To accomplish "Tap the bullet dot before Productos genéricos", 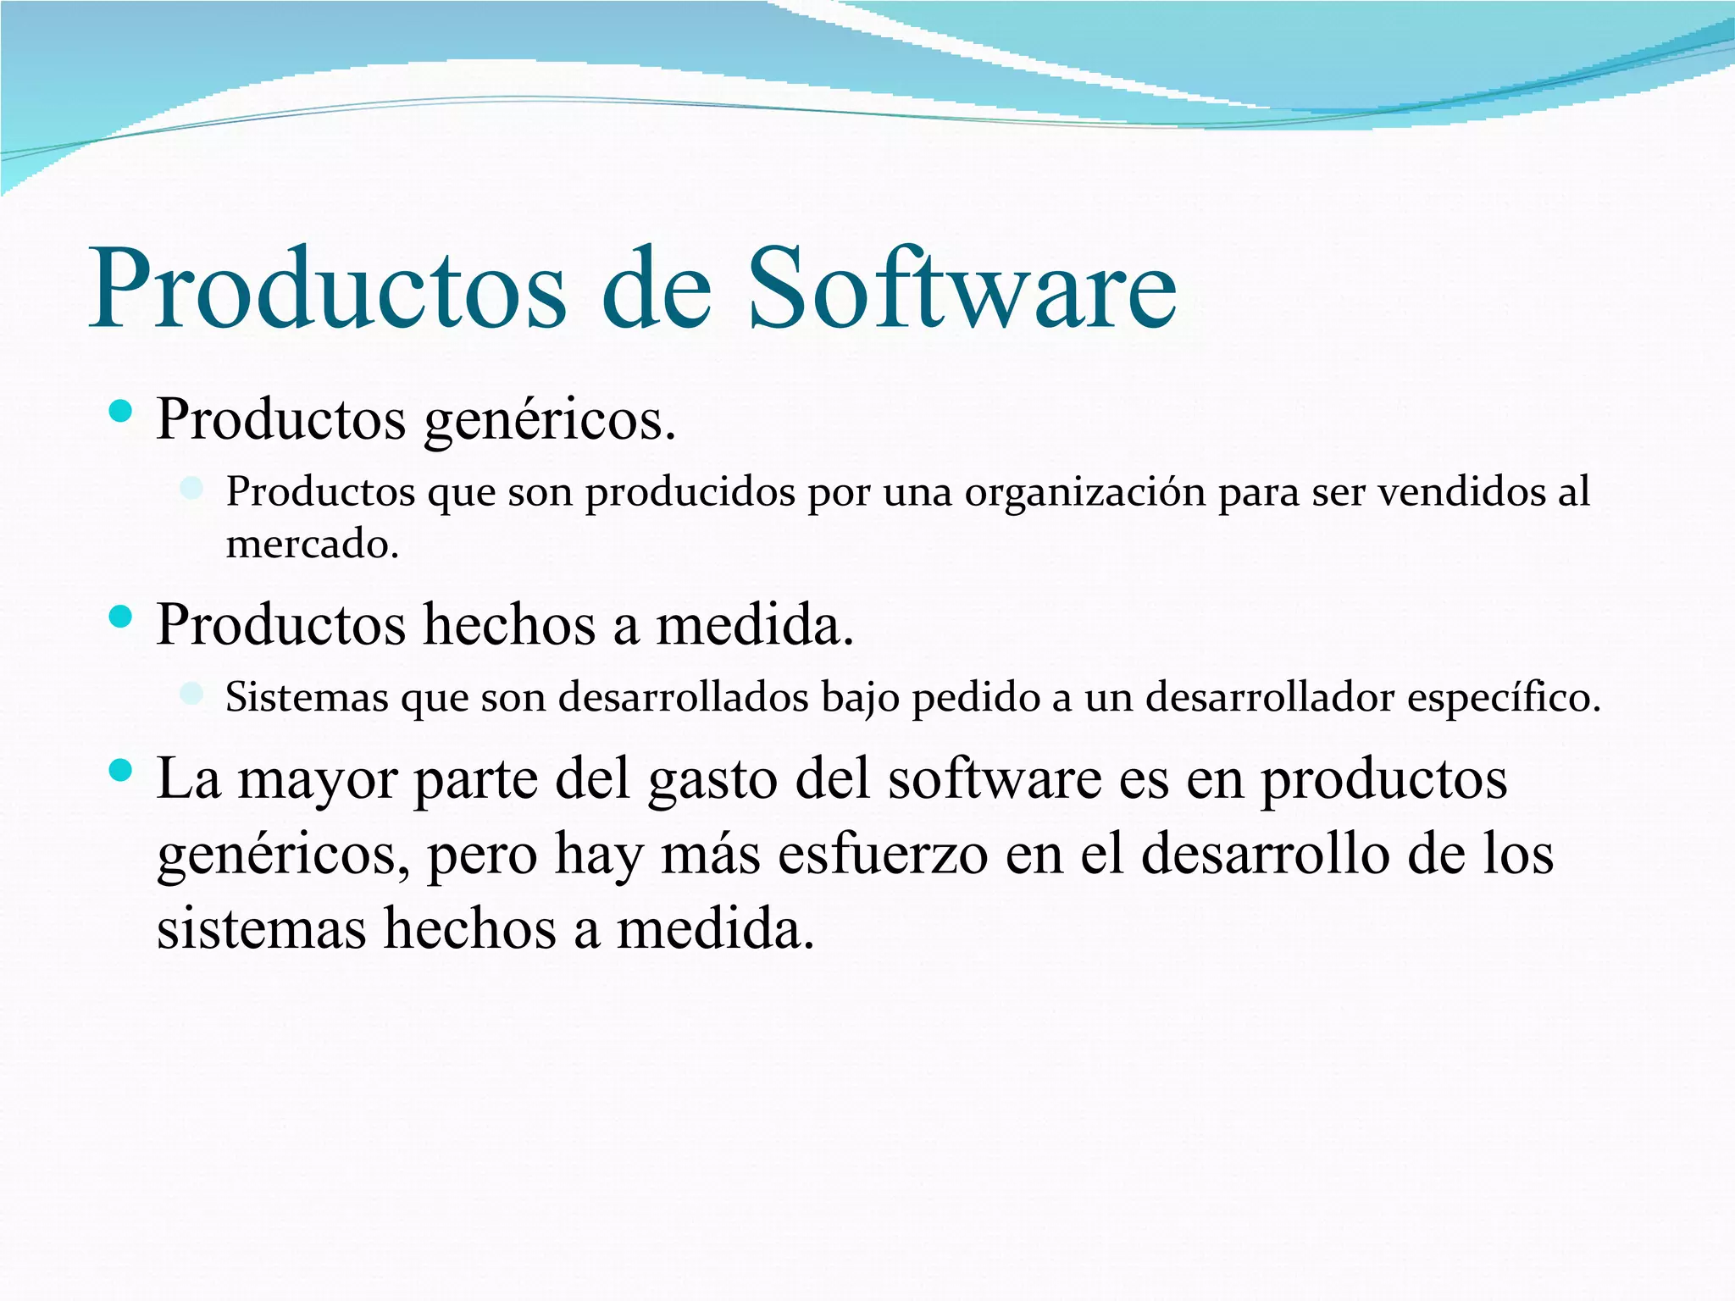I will point(121,412).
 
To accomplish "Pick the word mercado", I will point(312,543).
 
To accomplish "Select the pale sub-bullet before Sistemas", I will point(192,694).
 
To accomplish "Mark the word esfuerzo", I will point(882,853).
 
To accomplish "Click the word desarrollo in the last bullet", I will point(1266,853).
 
